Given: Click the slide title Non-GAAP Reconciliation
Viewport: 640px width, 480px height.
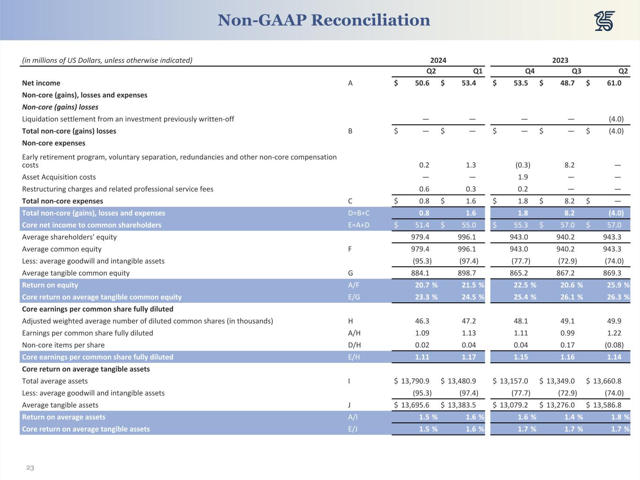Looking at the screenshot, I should [324, 20].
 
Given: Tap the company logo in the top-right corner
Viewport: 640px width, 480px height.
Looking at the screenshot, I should [604, 21].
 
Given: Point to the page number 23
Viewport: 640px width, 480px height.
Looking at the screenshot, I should [30, 468].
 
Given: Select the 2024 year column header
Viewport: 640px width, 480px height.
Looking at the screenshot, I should [438, 60].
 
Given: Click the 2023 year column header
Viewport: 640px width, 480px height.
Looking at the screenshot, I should [560, 60].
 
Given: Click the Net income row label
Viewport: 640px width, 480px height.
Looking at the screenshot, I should [41, 83].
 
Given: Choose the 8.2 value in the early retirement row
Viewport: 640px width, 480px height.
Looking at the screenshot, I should [569, 165].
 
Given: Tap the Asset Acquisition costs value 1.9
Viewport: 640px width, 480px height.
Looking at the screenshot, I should [523, 177].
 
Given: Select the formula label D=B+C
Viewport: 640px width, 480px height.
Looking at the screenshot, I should [359, 213].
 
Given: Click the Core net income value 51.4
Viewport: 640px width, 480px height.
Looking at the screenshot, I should [422, 225].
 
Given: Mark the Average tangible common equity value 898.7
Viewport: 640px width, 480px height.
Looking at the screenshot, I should [467, 273].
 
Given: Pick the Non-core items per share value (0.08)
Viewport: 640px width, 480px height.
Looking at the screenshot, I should [614, 345].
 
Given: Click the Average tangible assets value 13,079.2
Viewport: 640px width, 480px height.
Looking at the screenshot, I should [513, 405].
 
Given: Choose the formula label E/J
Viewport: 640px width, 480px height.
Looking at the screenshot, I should [353, 429].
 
